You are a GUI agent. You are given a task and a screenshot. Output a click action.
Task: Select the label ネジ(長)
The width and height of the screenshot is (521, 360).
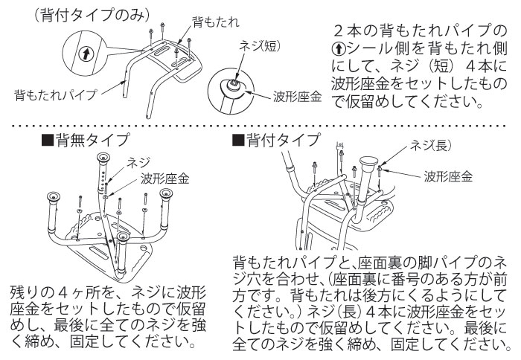431,147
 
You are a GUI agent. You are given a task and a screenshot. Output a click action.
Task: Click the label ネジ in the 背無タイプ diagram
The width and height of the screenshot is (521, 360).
139,161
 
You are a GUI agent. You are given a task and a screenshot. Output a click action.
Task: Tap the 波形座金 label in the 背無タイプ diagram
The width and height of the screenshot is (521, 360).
164,179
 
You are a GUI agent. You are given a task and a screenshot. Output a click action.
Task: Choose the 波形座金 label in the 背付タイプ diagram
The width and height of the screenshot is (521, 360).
448,176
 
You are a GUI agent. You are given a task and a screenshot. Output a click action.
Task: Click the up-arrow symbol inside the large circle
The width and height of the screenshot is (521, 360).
88,54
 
